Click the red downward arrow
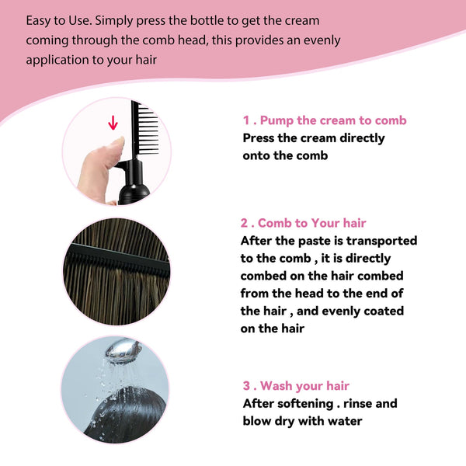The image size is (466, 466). point(113,123)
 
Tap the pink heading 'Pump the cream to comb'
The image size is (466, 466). point(332,120)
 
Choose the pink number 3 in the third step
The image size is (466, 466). point(246,386)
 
